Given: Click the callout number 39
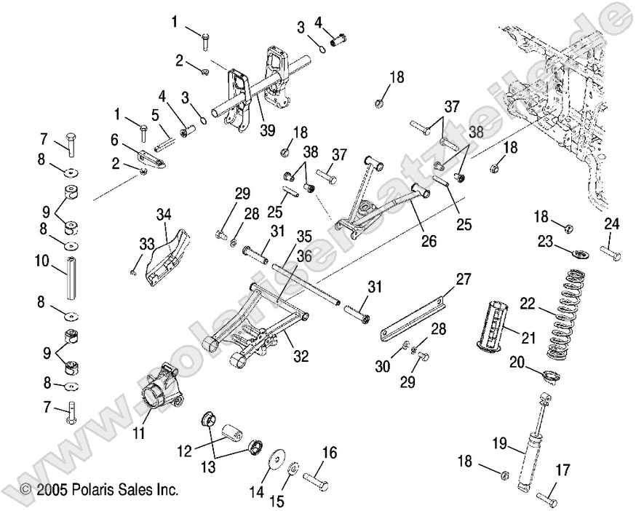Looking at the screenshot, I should [x=267, y=131].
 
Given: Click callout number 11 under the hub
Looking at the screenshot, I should [x=139, y=434].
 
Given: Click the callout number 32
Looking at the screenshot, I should [x=301, y=357].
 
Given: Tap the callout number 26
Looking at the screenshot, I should [x=429, y=241].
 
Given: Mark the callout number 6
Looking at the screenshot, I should [x=114, y=139].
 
